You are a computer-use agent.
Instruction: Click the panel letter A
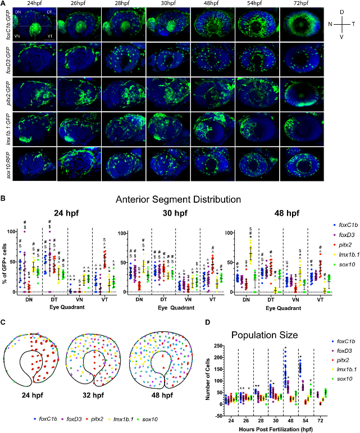(4, 4)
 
